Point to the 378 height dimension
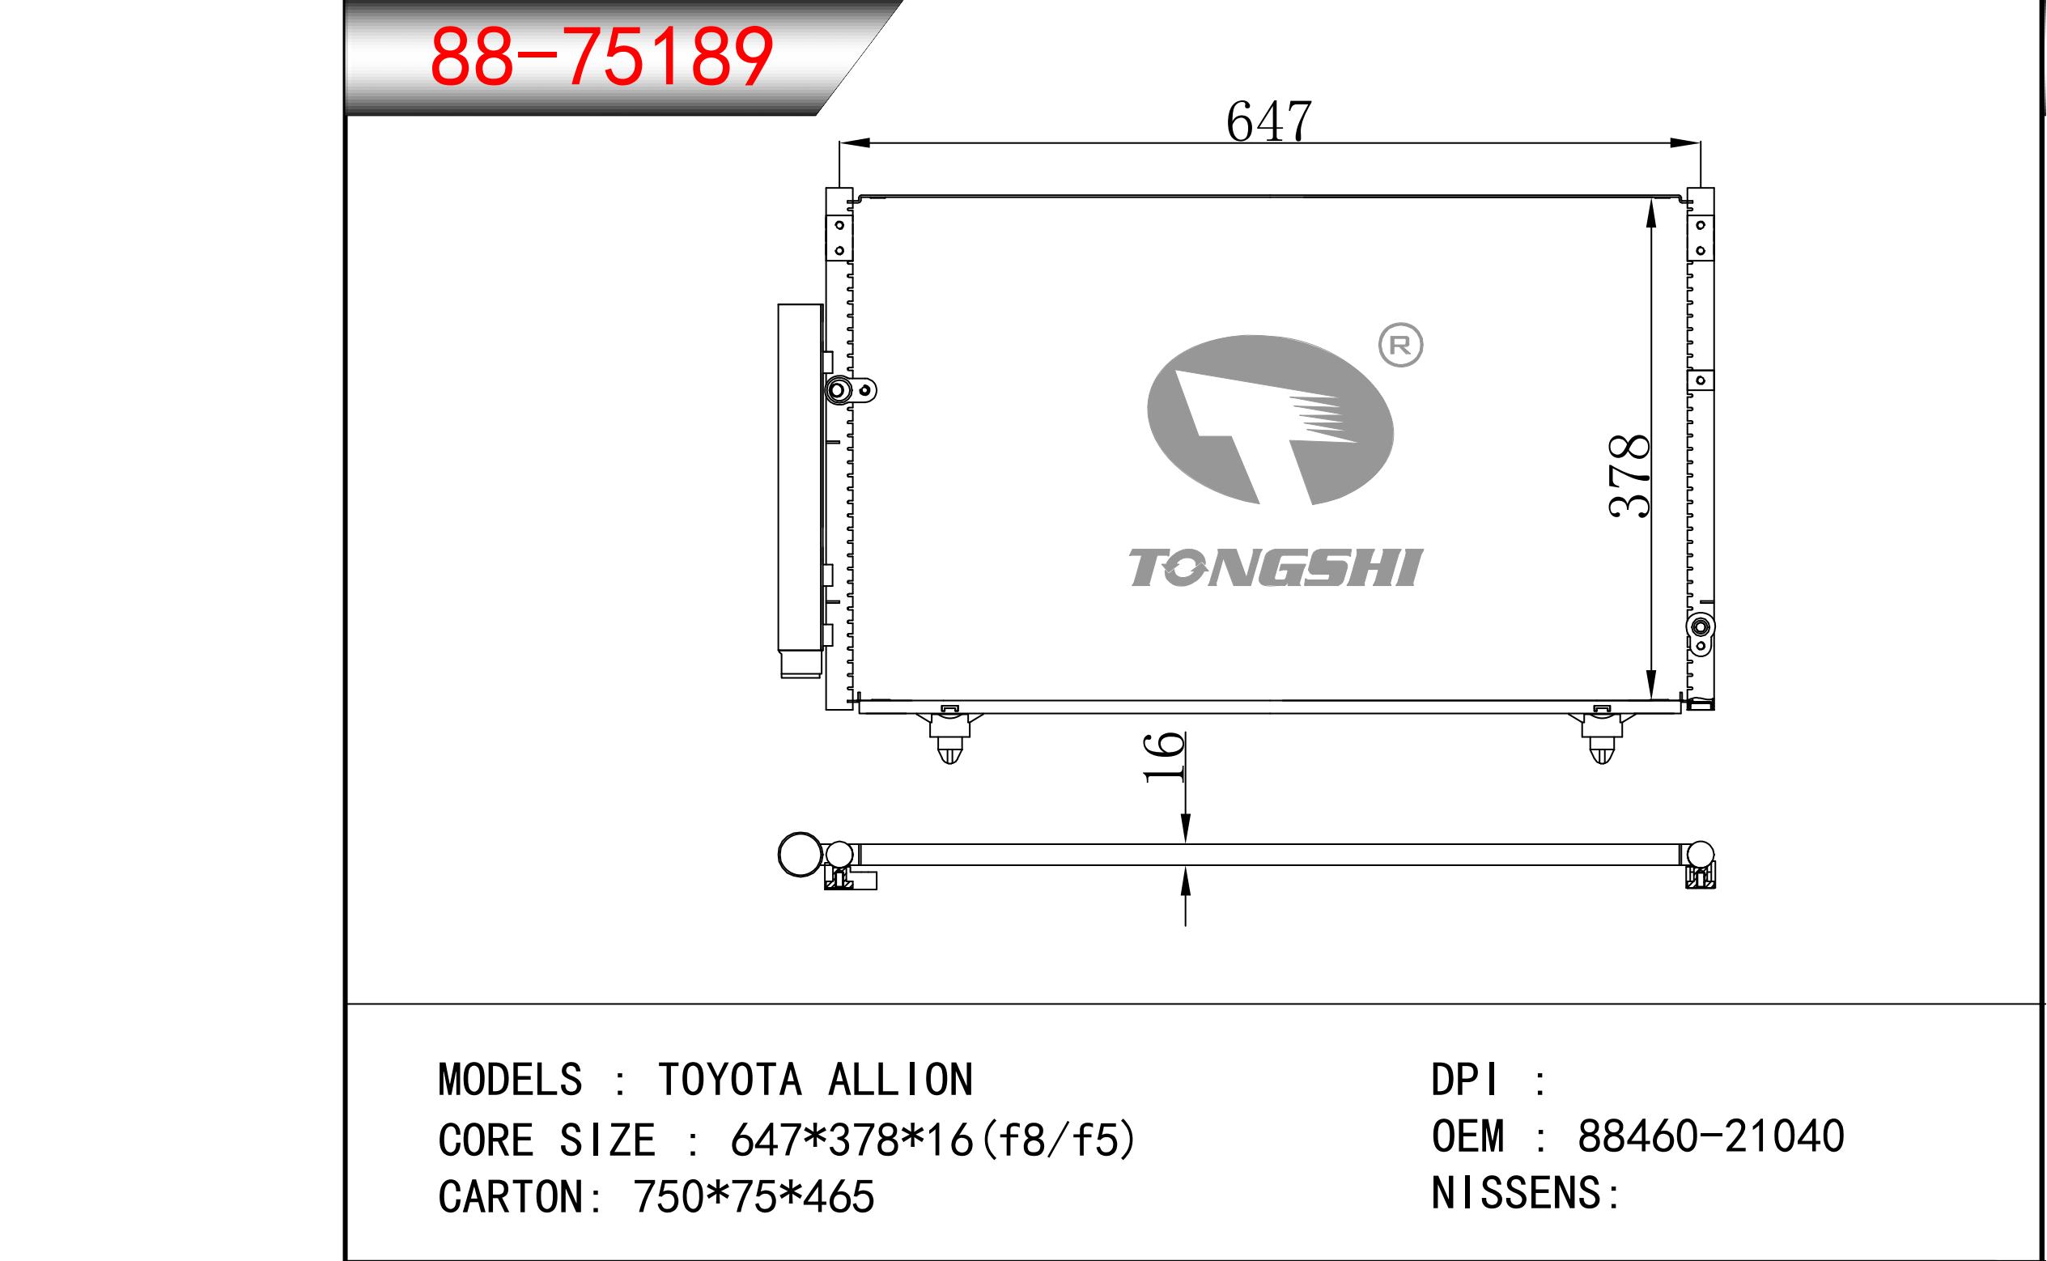[1630, 476]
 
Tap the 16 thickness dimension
[1164, 758]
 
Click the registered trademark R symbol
[1401, 346]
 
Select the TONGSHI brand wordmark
[1276, 568]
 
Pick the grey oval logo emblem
[1270, 420]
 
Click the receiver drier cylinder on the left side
[801, 490]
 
